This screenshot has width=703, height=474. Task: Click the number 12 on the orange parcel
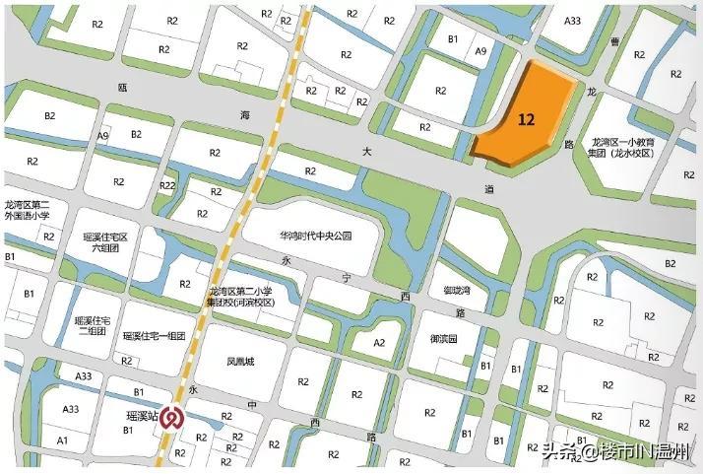(x=526, y=119)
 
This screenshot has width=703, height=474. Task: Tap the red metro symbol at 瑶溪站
(x=172, y=418)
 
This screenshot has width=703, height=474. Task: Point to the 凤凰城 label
(x=240, y=362)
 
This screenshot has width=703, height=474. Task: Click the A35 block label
(x=572, y=22)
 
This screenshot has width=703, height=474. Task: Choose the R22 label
(x=167, y=185)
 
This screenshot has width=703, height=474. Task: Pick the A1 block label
(x=63, y=440)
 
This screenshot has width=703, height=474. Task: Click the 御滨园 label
(x=443, y=338)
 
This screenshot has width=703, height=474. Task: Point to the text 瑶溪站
(x=143, y=417)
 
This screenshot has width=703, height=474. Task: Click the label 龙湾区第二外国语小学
(x=33, y=211)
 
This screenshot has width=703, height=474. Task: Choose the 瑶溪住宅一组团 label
(x=155, y=336)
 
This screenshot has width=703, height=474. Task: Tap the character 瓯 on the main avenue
(x=122, y=89)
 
